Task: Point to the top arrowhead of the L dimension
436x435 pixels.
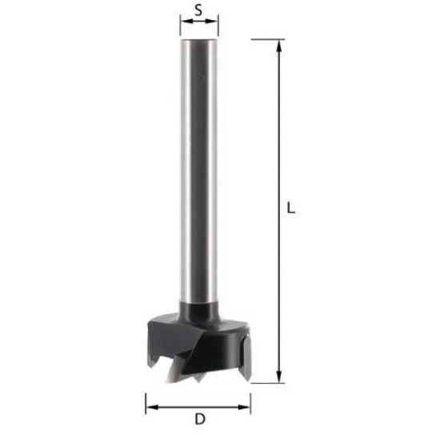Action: [279, 45]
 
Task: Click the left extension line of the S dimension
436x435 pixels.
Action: [180, 28]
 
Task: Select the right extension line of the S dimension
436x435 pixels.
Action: [218, 28]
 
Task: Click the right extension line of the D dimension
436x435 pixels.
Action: [250, 401]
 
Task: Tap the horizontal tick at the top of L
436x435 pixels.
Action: [268, 38]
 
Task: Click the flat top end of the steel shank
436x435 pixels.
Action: [199, 40]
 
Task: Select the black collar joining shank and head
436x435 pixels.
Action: [199, 311]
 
